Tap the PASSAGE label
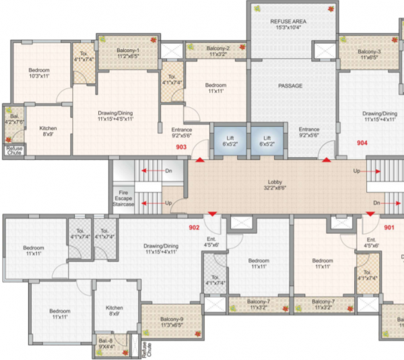(x=290, y=86)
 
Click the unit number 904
(x=362, y=144)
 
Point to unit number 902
(x=195, y=228)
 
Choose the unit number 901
(x=389, y=227)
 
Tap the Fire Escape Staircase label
(x=123, y=198)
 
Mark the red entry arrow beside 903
(x=199, y=159)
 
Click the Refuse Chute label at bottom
(x=147, y=349)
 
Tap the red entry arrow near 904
(x=327, y=159)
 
